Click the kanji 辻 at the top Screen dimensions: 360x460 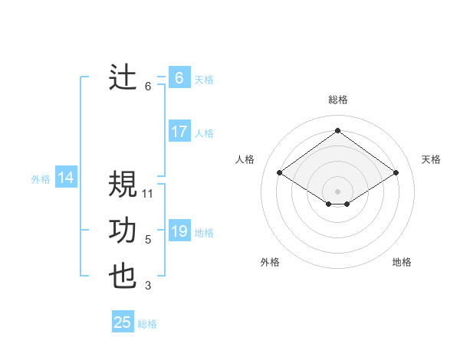coord(123,77)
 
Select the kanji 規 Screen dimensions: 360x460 coord(123,184)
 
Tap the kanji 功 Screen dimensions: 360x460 coord(123,231)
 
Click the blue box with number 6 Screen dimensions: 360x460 coord(179,78)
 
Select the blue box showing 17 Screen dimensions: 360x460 coord(179,132)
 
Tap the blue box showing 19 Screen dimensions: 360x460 coord(179,231)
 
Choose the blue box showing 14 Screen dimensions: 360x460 coord(66,178)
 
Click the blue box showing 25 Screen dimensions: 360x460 coord(123,322)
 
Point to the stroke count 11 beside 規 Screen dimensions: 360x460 coord(148,193)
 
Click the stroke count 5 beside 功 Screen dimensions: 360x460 coord(148,240)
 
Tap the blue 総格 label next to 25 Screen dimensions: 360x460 coord(147,324)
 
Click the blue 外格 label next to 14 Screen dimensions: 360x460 coord(41,179)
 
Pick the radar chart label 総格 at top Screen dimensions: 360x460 coord(337,100)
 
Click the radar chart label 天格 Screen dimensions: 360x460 coord(431,159)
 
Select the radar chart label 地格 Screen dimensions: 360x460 coord(402,262)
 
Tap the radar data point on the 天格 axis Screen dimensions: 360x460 coord(396,173)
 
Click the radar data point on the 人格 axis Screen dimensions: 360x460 coord(280,173)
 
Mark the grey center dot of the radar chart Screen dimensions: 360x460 coord(337,191)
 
